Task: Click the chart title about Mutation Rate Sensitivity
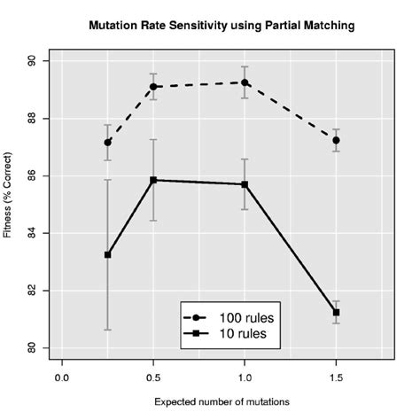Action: (x=222, y=27)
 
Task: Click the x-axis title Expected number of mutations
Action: (x=222, y=401)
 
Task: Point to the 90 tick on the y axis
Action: (x=32, y=61)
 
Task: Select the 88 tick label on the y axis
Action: (x=32, y=119)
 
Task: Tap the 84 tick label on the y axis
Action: (x=32, y=233)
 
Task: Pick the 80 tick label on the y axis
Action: (x=32, y=347)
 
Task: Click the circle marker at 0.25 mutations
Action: (x=108, y=143)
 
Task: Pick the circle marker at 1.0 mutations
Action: (x=245, y=82)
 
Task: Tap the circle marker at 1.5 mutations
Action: (x=336, y=140)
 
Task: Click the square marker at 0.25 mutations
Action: (x=108, y=254)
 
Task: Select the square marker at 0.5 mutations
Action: (x=153, y=180)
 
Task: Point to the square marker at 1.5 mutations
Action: (x=336, y=312)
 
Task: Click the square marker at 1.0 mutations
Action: (x=245, y=184)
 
